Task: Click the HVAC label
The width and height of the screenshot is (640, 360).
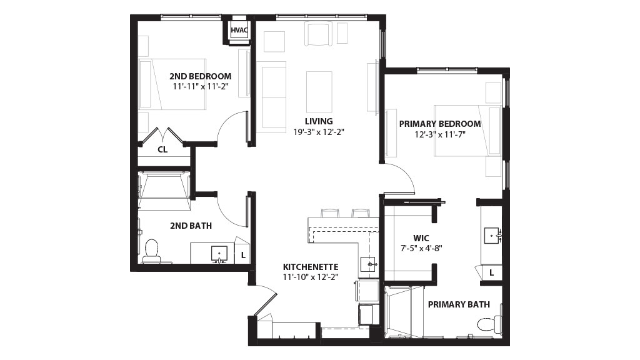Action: point(239,30)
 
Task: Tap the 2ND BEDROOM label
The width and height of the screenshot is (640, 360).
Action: point(201,76)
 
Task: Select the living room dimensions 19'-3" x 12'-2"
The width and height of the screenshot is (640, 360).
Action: point(319,132)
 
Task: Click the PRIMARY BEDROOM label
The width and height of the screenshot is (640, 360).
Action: point(440,124)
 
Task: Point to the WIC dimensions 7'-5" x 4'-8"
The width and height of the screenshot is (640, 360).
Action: point(421,247)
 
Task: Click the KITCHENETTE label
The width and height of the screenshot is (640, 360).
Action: point(311,267)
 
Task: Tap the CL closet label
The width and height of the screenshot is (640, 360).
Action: point(162,150)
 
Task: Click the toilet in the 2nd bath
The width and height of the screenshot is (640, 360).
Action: point(151,251)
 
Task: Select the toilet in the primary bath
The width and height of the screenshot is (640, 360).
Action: point(490,324)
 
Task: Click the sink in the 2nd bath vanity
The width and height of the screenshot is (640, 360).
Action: point(219,254)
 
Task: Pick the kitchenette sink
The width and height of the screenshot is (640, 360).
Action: point(369,265)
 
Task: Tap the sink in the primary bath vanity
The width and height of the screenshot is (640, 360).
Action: point(492,236)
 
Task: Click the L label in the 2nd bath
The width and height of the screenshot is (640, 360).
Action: point(243,256)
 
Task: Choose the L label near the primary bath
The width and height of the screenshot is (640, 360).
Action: point(492,272)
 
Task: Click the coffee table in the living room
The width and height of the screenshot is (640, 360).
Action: point(319,92)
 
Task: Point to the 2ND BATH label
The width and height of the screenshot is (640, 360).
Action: point(191,226)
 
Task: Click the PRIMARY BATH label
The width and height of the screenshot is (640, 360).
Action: point(459,304)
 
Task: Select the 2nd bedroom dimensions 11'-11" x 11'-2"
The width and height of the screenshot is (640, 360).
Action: point(200,86)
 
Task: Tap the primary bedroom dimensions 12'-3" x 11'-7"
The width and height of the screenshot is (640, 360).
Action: point(440,134)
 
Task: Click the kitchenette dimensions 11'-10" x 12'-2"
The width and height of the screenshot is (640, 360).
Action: point(311,277)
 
